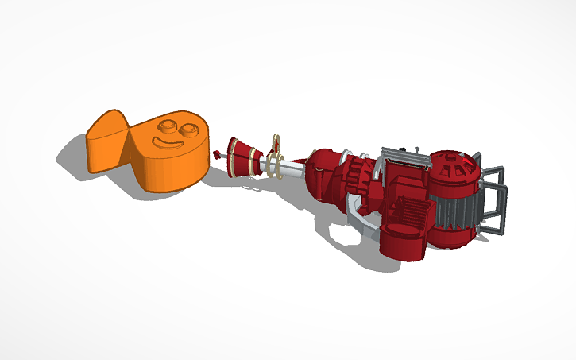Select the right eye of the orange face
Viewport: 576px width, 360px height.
tap(191, 130)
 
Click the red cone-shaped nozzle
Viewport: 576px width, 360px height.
tap(239, 155)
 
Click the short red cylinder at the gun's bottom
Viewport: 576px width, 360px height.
tap(401, 242)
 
